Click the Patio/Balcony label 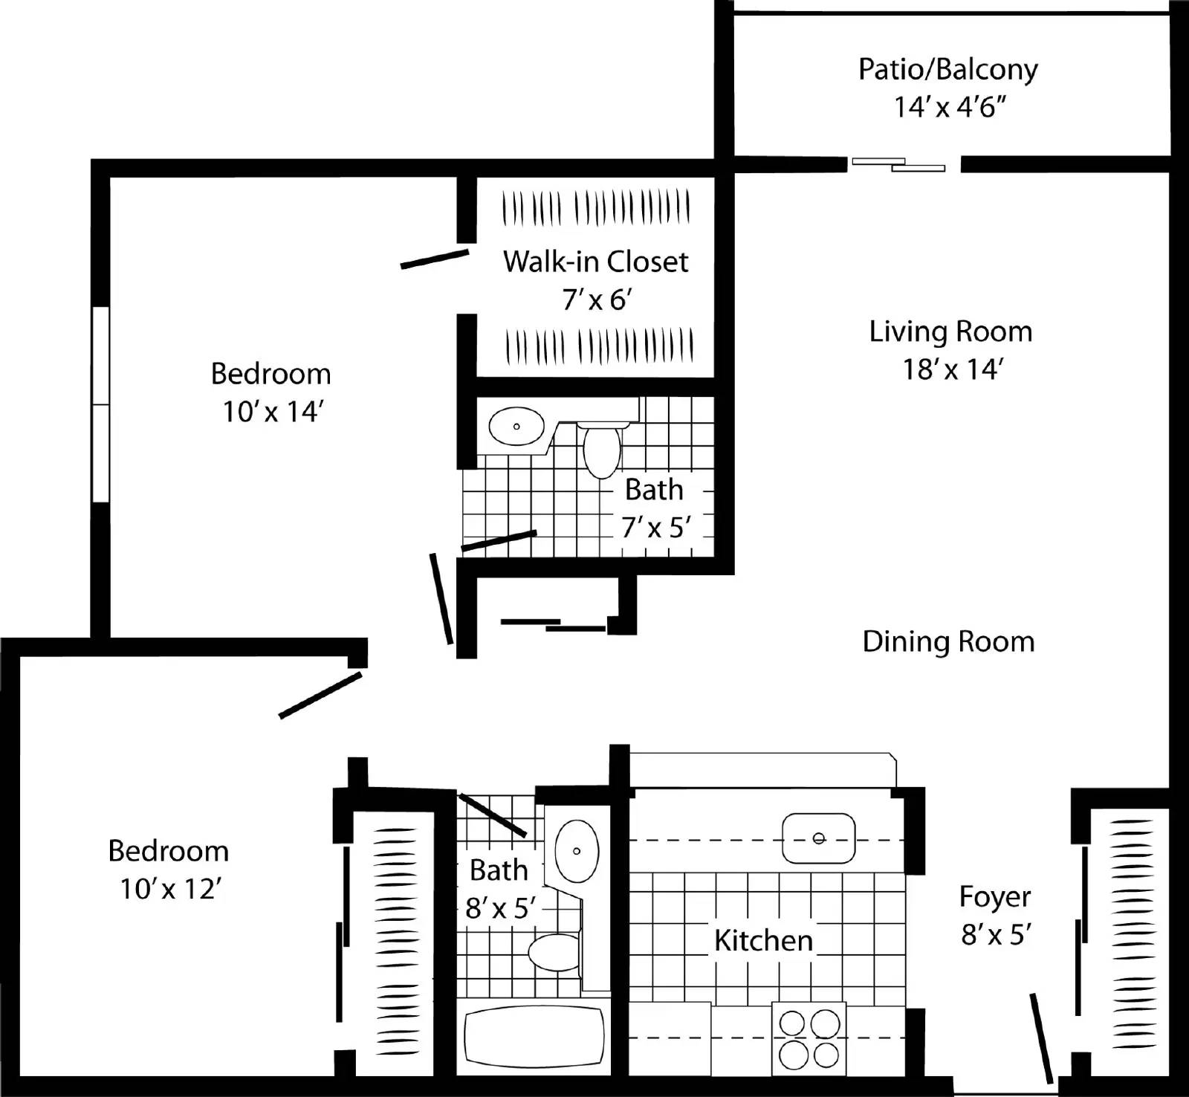(947, 69)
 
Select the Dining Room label (948, 642)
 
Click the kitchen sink (818, 838)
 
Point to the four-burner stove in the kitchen (809, 1038)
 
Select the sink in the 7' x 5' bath (516, 427)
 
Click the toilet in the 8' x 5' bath (554, 953)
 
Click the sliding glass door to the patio (898, 164)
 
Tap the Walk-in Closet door (434, 259)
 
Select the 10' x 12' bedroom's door (320, 695)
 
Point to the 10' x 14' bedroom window (100, 405)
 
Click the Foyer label (994, 897)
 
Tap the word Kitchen (763, 941)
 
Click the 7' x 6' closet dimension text (597, 300)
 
